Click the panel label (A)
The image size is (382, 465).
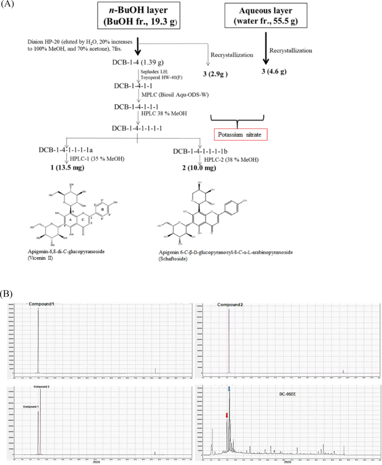pos(8,6)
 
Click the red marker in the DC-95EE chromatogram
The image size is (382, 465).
pos(226,415)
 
